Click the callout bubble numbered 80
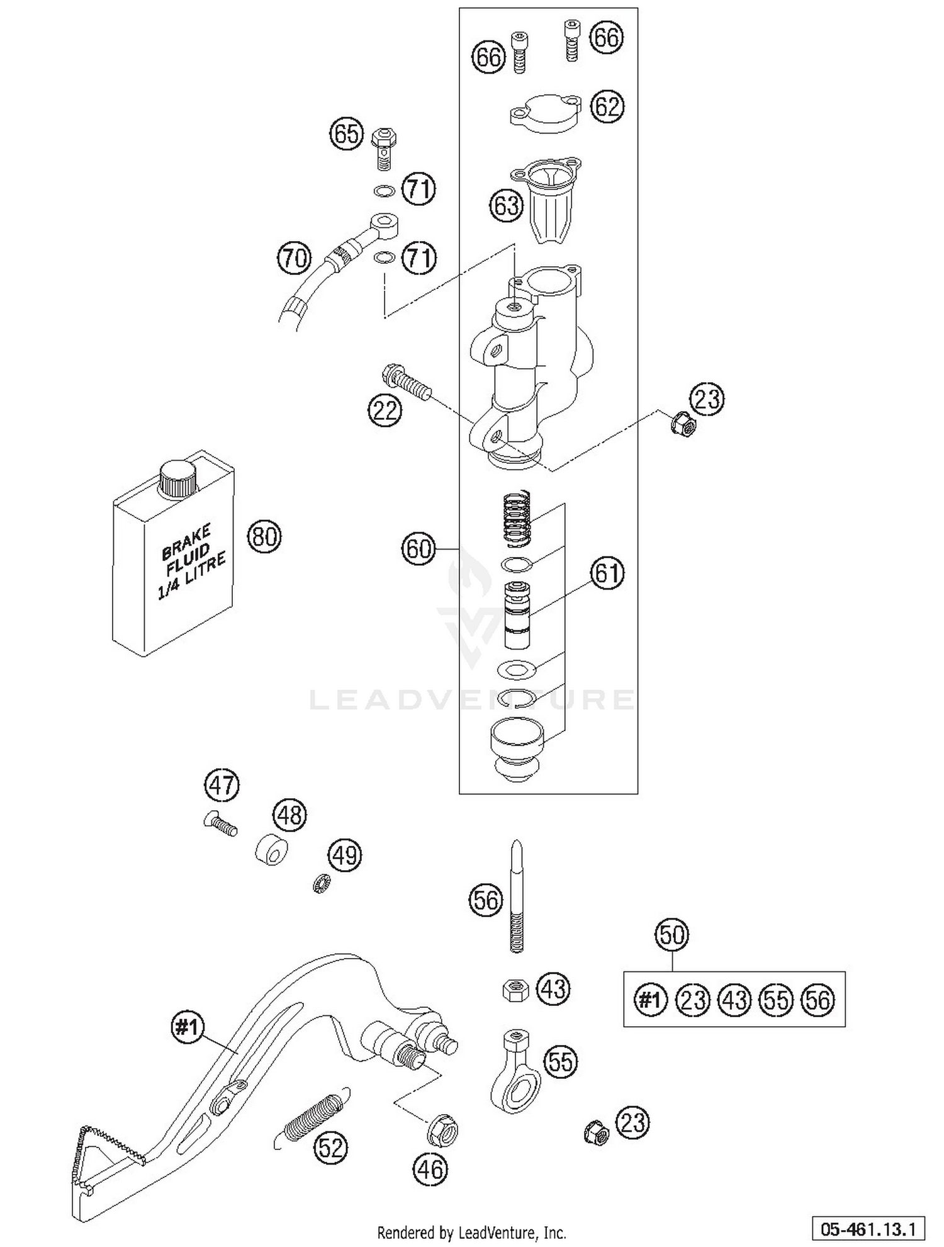click(264, 537)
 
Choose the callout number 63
click(507, 205)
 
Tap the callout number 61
click(607, 574)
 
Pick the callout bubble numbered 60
click(419, 549)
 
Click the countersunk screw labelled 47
click(220, 823)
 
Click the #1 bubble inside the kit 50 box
click(650, 1000)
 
